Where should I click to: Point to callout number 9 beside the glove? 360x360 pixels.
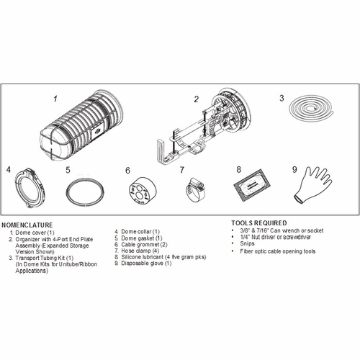click(x=294, y=171)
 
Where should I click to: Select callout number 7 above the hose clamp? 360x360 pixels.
click(x=182, y=171)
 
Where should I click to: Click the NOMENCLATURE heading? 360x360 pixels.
click(x=32, y=224)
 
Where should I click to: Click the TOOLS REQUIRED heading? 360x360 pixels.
click(x=259, y=222)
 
